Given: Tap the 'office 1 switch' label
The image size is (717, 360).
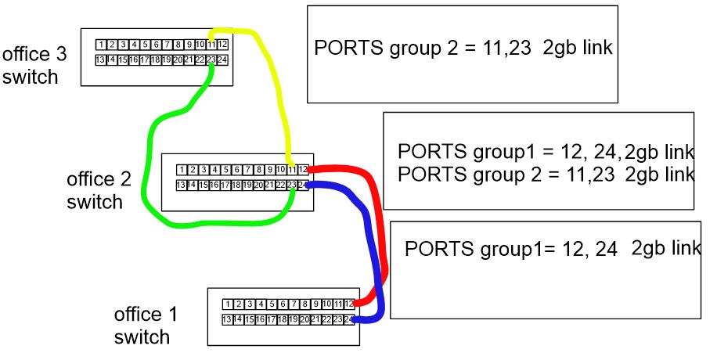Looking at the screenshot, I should pos(146,326).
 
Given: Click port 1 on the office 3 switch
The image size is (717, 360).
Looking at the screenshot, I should pos(101,45).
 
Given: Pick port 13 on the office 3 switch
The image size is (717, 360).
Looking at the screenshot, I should pos(101,59).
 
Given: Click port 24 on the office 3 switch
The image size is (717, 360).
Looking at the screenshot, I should pos(222,59).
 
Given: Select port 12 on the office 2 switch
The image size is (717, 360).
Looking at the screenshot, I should pos(303,170).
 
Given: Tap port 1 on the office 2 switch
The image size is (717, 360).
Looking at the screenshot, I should pos(182,170).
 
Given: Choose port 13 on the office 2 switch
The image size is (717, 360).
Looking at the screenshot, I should pos(182,185).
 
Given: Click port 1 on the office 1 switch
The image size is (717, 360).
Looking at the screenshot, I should pos(227,304).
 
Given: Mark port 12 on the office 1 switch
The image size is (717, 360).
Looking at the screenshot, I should pos(348,304).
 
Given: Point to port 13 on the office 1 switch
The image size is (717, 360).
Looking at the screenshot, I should pos(227,319).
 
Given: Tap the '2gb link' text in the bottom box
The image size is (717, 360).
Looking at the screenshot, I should pos(665,249).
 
